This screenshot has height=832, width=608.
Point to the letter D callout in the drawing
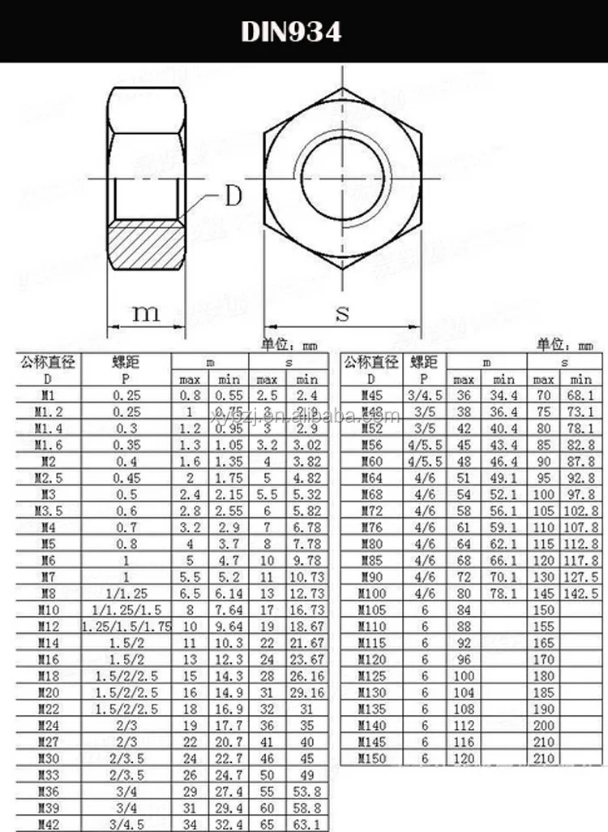233,196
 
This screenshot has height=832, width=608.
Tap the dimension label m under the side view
146,312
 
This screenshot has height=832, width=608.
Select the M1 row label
47,395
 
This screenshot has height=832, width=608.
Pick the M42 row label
47,824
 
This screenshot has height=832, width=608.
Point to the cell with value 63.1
306,824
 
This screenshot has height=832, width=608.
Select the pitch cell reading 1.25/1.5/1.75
126,626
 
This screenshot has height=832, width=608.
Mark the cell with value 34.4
503,395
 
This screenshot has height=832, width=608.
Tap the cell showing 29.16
306,692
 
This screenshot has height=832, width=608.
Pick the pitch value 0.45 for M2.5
126,477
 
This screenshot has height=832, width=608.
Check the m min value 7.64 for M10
229,610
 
